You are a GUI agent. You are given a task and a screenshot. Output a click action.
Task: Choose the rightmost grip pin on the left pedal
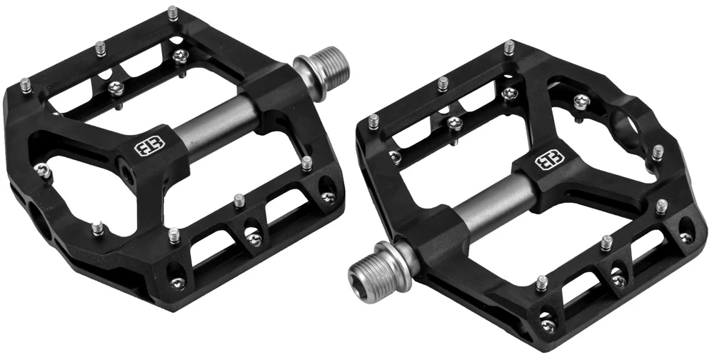pyautogui.click(x=306, y=163)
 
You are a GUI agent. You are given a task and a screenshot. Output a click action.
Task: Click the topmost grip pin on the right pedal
pyautogui.click(x=508, y=49)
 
